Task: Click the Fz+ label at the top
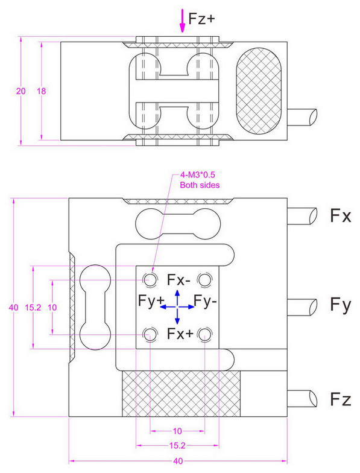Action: pyautogui.click(x=202, y=19)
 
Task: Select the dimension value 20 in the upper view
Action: pyautogui.click(x=21, y=91)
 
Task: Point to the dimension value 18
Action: pyautogui.click(x=42, y=91)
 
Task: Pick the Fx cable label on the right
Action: pyautogui.click(x=341, y=215)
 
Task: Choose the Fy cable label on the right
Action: pyautogui.click(x=341, y=306)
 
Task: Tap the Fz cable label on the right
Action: pyautogui.click(x=341, y=399)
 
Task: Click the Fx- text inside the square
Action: pyautogui.click(x=179, y=280)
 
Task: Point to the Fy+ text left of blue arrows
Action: pyautogui.click(x=151, y=300)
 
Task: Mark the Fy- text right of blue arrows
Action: pyautogui.click(x=207, y=300)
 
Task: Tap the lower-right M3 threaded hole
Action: pyautogui.click(x=206, y=334)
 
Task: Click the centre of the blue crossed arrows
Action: pyautogui.click(x=177, y=306)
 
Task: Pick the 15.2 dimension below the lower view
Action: pyautogui.click(x=178, y=446)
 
